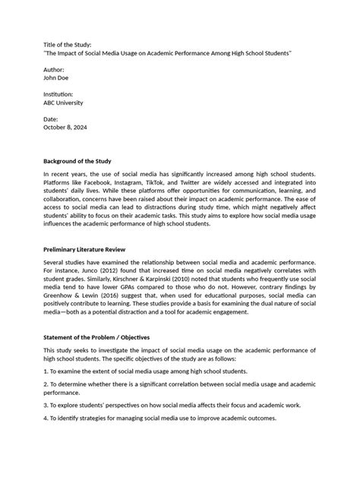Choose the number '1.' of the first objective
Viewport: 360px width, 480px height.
tap(46, 371)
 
